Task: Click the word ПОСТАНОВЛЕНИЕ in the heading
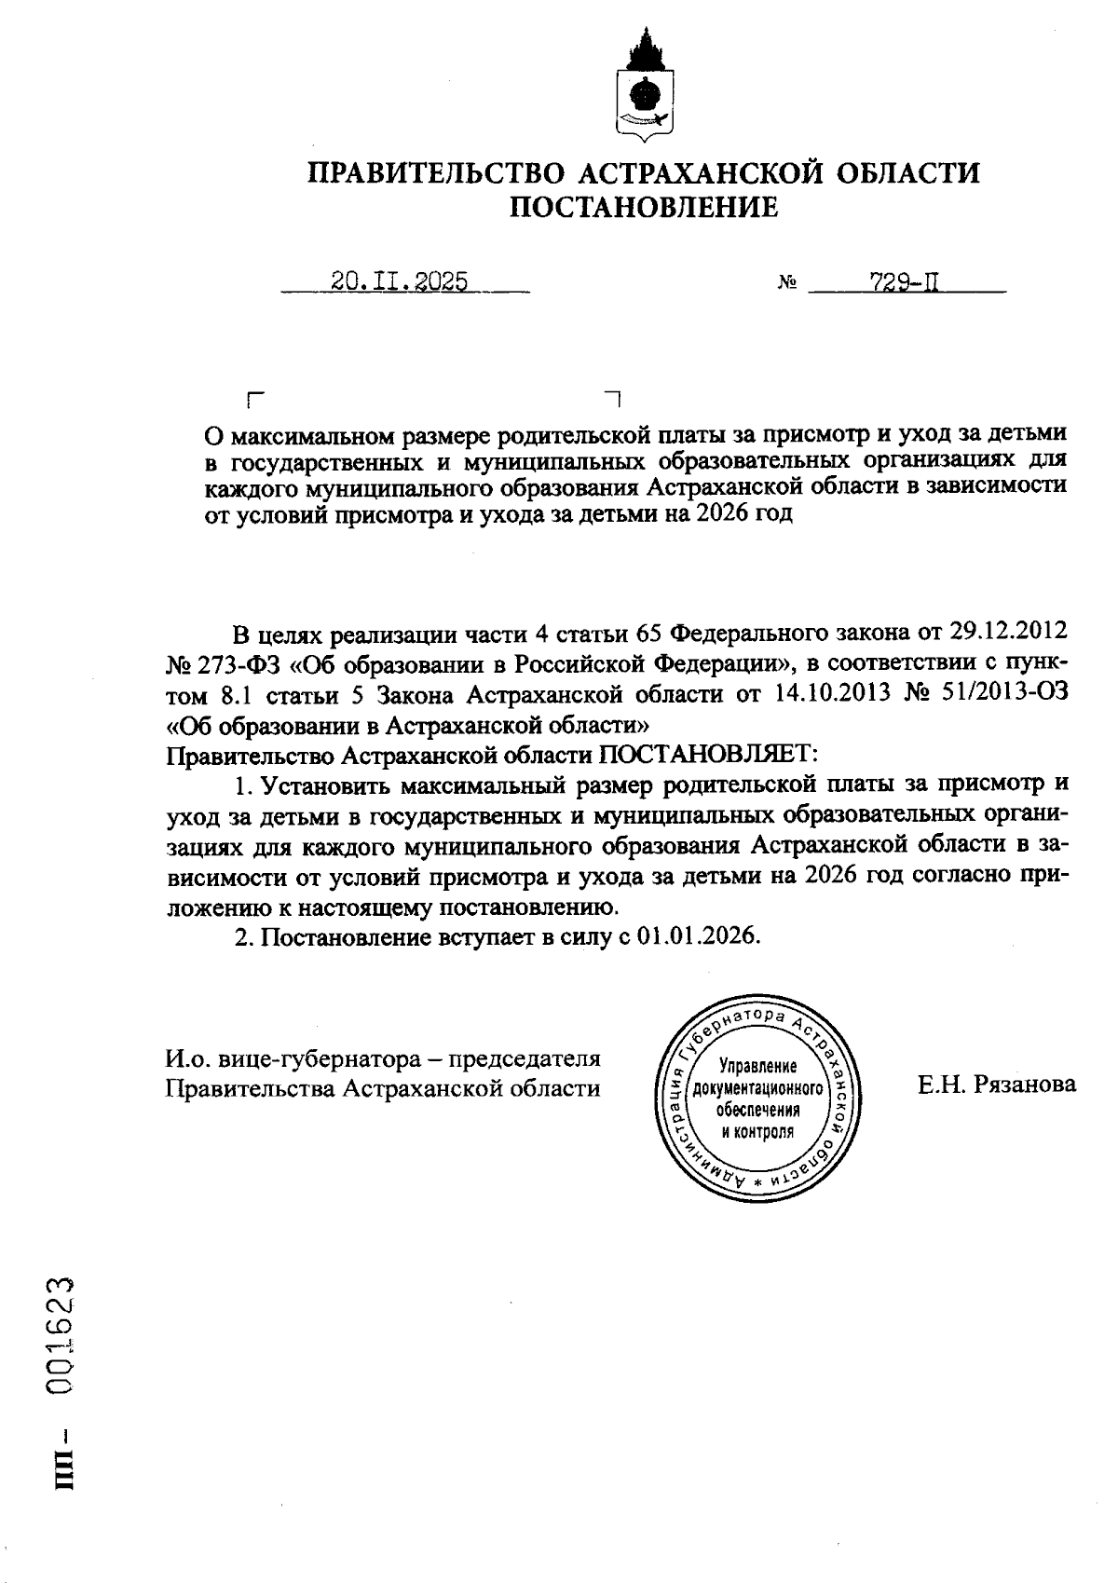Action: point(644,207)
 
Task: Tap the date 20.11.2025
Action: point(400,282)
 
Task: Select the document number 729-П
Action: point(903,282)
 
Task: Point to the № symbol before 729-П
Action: point(785,283)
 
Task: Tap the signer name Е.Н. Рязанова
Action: point(996,1084)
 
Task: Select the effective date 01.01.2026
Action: point(699,936)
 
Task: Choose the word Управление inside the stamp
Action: point(757,1066)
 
